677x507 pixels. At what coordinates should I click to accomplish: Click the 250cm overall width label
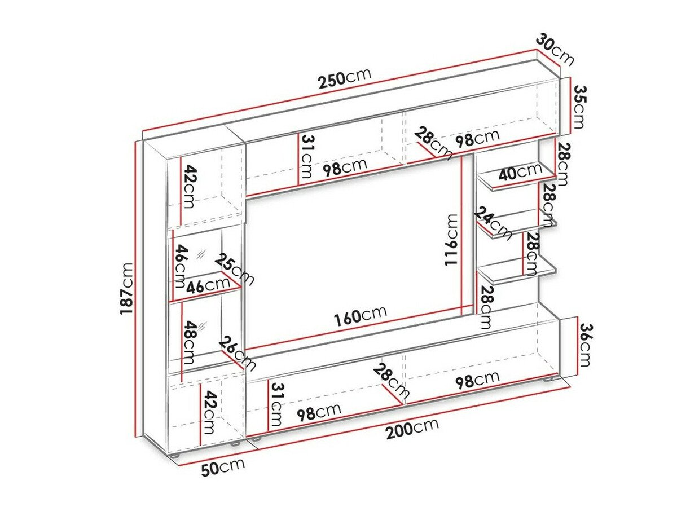(x=344, y=80)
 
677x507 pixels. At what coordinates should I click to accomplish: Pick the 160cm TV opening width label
(x=361, y=316)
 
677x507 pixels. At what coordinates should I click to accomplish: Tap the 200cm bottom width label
(x=412, y=431)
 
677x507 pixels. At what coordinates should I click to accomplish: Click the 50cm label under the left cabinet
(x=223, y=468)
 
